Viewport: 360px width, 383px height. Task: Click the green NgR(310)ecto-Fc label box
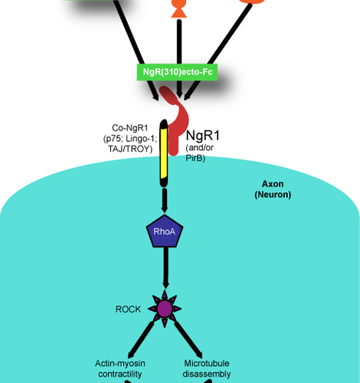coord(178,73)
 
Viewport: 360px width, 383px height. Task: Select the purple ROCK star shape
coord(164,309)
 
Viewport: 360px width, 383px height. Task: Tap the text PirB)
coord(195,159)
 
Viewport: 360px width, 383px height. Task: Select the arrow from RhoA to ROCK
coord(164,268)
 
